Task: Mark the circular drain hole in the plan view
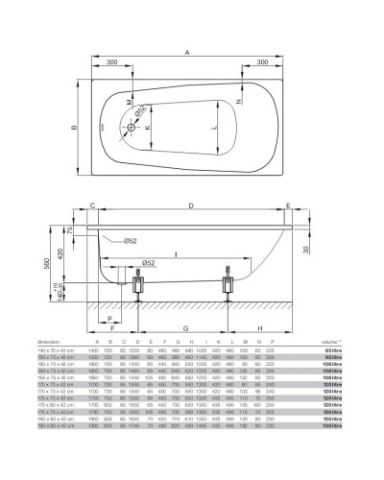tap(131, 126)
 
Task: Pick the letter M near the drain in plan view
tap(128, 100)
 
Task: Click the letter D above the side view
tap(193, 205)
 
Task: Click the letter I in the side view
tap(174, 254)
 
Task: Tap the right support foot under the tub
tap(228, 285)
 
